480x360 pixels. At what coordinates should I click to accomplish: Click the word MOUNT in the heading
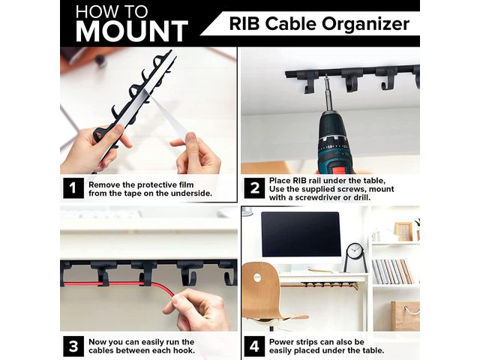[132, 31]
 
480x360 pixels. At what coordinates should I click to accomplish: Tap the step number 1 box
[73, 188]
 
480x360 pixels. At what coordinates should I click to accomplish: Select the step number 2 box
[254, 188]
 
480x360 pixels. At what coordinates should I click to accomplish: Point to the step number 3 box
[73, 346]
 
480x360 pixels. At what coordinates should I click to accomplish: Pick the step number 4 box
[254, 346]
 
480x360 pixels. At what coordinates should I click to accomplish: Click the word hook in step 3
[183, 350]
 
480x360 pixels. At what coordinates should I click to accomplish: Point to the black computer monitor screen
[301, 234]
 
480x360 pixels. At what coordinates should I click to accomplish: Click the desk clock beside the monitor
[355, 257]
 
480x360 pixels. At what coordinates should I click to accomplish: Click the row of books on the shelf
[392, 271]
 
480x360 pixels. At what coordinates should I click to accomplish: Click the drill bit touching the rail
[328, 91]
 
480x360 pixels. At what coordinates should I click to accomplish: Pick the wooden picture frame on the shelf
[403, 232]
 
